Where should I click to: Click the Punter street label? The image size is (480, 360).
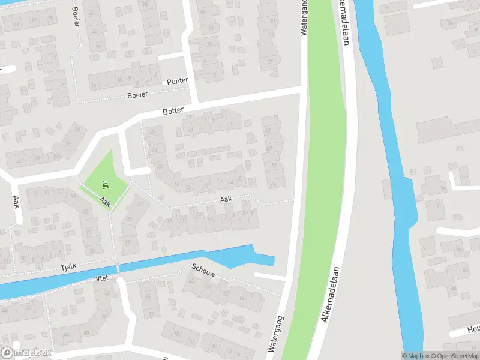click(x=178, y=81)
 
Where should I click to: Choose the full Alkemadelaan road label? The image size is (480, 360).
click(x=331, y=294)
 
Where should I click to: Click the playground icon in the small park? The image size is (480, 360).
click(x=106, y=185)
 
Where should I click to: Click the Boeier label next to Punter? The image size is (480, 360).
click(x=137, y=95)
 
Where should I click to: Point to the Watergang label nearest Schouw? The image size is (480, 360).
click(x=275, y=335)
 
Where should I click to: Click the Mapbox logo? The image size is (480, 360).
click(x=26, y=353)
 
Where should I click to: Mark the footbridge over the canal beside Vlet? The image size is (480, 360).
click(x=118, y=268)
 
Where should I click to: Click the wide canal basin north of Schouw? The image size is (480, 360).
click(x=240, y=256)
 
